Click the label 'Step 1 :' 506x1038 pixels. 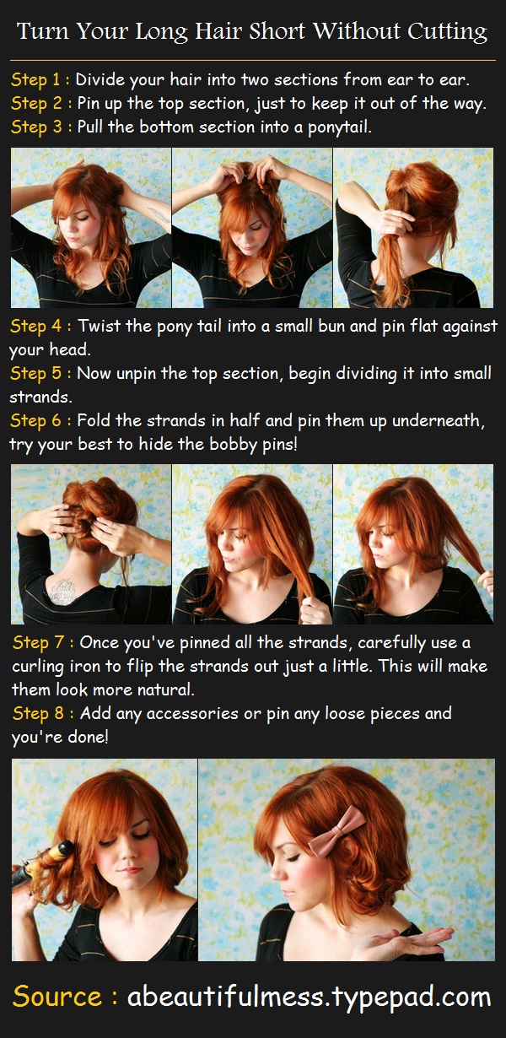[x=40, y=80]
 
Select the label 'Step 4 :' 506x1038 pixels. [x=40, y=326]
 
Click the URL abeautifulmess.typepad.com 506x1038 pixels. [x=309, y=997]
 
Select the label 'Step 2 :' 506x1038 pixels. [x=40, y=104]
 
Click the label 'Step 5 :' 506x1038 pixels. [x=40, y=373]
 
